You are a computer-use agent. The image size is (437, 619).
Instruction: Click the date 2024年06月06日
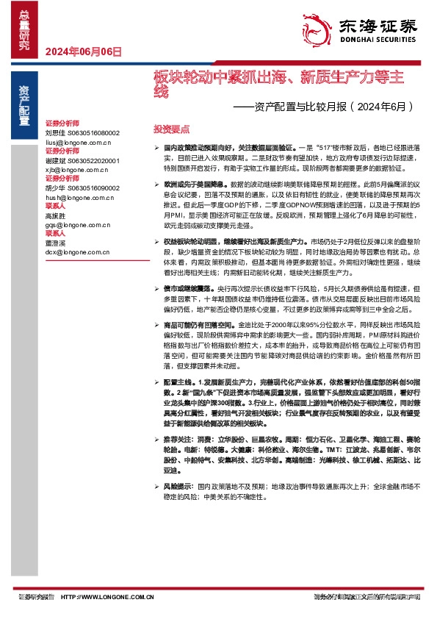[83, 51]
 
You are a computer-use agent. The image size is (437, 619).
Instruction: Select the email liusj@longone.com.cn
[77, 140]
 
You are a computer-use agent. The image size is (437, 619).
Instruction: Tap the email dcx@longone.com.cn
[77, 252]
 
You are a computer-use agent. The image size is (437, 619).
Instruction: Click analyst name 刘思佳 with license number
[82, 132]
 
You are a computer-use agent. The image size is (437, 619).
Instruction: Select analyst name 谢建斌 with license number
[82, 160]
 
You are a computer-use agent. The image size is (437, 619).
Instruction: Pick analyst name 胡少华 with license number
[82, 188]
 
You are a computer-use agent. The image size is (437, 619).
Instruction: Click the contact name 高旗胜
[55, 216]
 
